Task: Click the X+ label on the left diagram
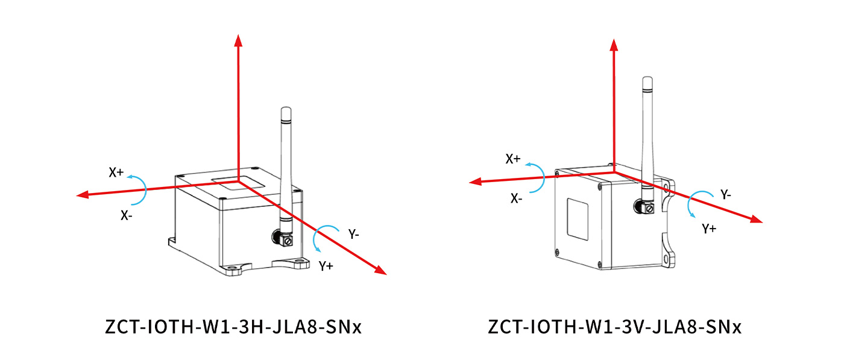(116, 172)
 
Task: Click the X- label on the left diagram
(126, 215)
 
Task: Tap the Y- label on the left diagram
(354, 235)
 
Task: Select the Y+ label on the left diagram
(326, 265)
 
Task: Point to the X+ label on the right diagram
(513, 159)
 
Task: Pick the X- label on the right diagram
(516, 198)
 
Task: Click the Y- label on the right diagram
(726, 195)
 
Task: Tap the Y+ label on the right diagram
(709, 229)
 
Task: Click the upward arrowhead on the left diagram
(238, 41)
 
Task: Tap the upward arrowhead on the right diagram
(614, 44)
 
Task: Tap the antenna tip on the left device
(286, 110)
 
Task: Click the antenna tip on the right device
(647, 80)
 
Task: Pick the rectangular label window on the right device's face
(579, 219)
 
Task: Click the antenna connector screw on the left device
(288, 242)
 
